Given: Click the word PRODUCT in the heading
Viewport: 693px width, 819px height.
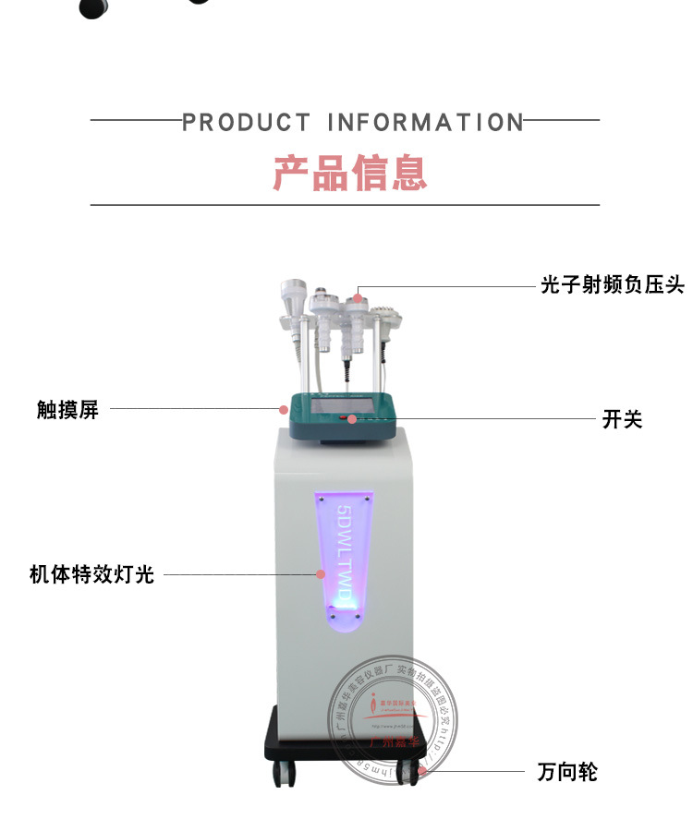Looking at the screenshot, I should [247, 122].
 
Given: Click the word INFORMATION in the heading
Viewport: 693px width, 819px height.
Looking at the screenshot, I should [426, 122].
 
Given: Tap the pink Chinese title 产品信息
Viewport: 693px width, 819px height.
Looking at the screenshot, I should [350, 173].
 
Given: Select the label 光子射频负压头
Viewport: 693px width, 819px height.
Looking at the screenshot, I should [613, 286].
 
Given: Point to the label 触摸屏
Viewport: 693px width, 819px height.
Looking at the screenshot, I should [67, 409].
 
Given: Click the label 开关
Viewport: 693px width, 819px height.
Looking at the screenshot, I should [622, 420].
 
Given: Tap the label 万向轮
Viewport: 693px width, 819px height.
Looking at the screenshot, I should [567, 772].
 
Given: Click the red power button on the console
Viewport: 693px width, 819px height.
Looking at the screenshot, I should [353, 419].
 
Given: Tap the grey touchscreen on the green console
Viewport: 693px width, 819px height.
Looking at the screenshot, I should [341, 407].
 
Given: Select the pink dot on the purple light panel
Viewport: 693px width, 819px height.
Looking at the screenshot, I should [321, 573].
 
